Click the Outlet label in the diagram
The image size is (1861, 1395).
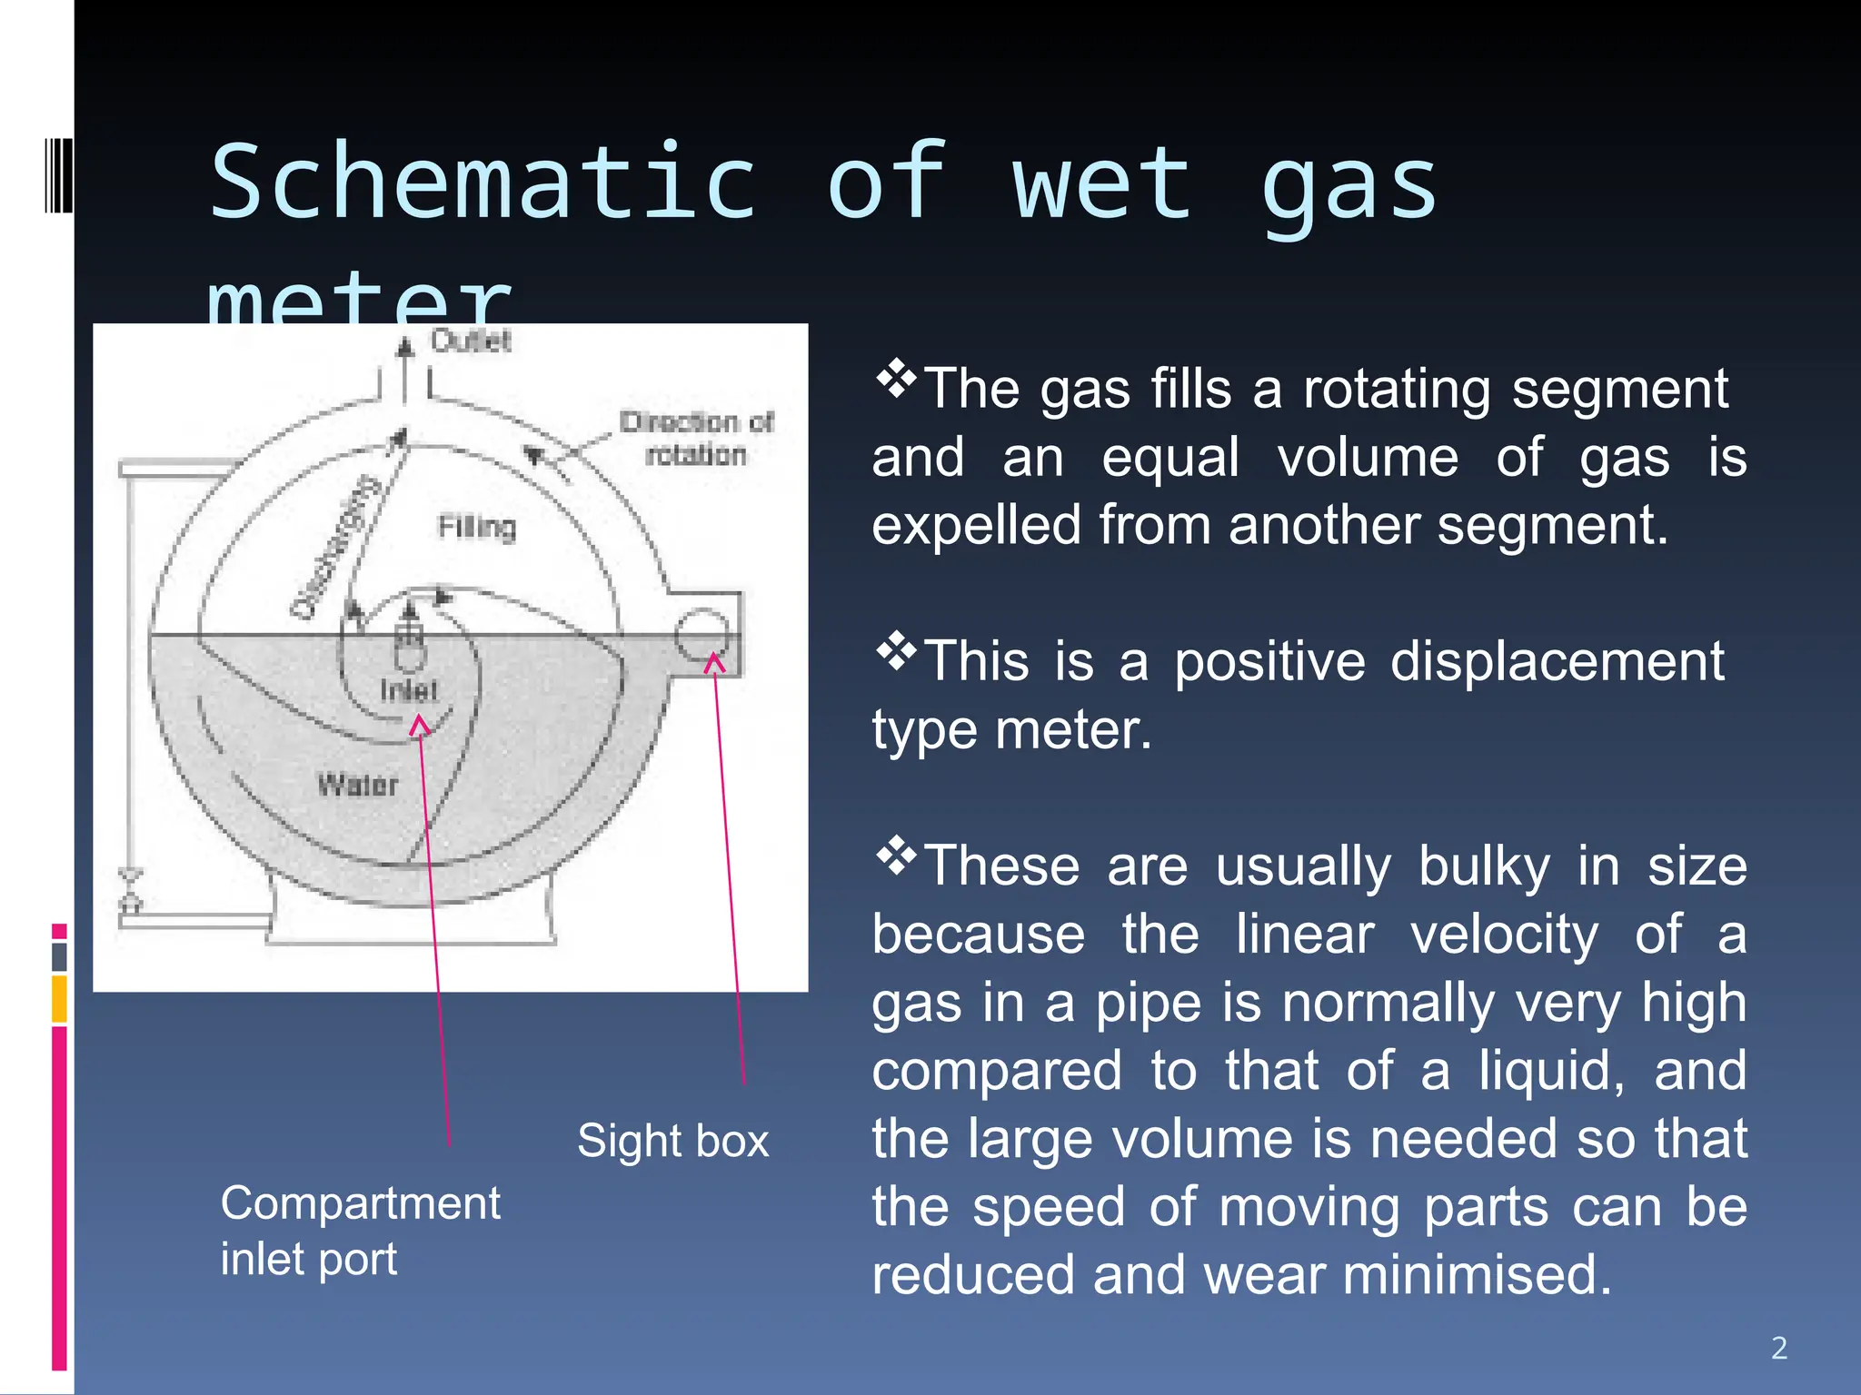coord(471,341)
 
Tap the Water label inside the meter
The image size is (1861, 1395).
coord(358,786)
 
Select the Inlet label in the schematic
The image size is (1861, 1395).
coord(409,690)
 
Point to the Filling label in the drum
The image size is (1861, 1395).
coord(477,527)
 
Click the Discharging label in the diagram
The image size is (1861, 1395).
coord(334,547)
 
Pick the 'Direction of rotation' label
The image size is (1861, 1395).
coord(696,439)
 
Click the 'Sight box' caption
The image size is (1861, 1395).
coord(673,1141)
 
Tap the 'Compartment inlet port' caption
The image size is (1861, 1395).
coord(360,1231)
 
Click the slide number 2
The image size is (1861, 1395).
coord(1779,1348)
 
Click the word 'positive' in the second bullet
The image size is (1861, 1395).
coord(1269,660)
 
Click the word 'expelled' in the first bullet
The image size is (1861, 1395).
coord(976,525)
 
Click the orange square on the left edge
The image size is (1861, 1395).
coord(59,999)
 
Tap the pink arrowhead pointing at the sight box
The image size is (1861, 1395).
coord(715,663)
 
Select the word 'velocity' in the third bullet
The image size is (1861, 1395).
coord(1504,934)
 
